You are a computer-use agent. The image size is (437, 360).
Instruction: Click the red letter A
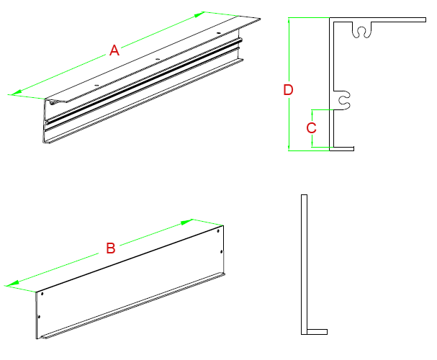point(113,50)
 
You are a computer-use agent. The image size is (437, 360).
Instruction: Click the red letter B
point(111,249)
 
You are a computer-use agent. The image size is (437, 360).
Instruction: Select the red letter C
point(311,129)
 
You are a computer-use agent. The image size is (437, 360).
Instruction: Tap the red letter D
point(288,90)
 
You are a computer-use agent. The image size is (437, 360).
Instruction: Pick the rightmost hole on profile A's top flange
point(218,33)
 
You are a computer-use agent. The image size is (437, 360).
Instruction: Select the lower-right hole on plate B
point(220,251)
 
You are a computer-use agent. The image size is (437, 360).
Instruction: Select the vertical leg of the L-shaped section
point(304,259)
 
